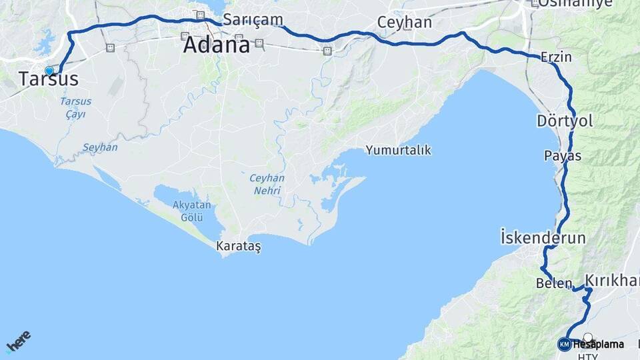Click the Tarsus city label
pos(48,79)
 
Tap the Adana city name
pos(216,45)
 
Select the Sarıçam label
pos(253,19)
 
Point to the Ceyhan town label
pos(404,22)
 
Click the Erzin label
pos(556,57)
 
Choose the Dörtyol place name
pos(564,121)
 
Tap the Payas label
pos(563,156)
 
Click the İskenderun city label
pos(543,237)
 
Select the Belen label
pos(553,283)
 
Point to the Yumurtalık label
pos(398,150)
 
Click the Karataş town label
pos(239,246)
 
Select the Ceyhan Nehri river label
pos(267,184)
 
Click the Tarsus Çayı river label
pos(75,107)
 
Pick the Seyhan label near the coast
pos(100,147)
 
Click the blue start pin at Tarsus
pos(49,70)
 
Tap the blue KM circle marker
pos(564,344)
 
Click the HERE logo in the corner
pos(18,341)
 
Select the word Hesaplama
pos(598,345)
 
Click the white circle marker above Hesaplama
pos(587,337)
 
